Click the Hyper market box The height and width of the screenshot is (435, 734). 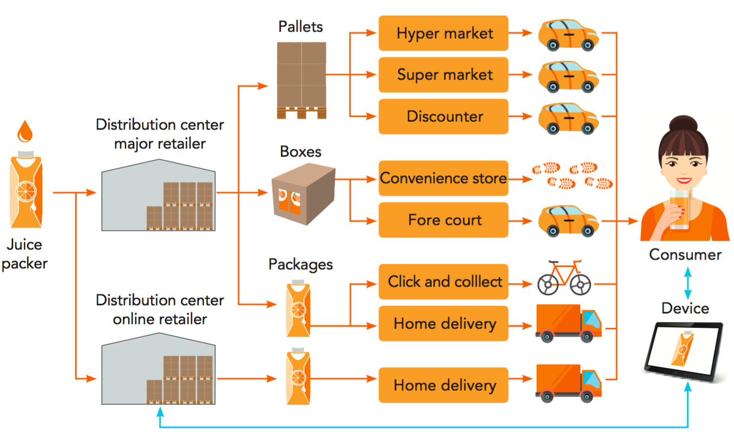click(443, 33)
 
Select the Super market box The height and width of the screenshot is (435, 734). click(443, 74)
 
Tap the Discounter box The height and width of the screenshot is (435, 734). click(443, 116)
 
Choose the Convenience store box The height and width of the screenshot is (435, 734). click(443, 178)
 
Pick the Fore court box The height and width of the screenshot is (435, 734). click(443, 220)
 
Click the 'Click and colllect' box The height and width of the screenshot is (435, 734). click(443, 282)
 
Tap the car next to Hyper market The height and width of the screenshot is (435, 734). click(568, 35)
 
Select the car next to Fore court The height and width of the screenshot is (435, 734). click(568, 221)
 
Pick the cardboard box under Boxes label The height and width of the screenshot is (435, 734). click(303, 193)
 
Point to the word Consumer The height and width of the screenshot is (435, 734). click(685, 254)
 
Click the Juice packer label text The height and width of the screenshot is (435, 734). click(24, 254)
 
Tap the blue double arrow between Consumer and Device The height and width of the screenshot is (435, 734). click(688, 284)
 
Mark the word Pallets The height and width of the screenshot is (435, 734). click(300, 27)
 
